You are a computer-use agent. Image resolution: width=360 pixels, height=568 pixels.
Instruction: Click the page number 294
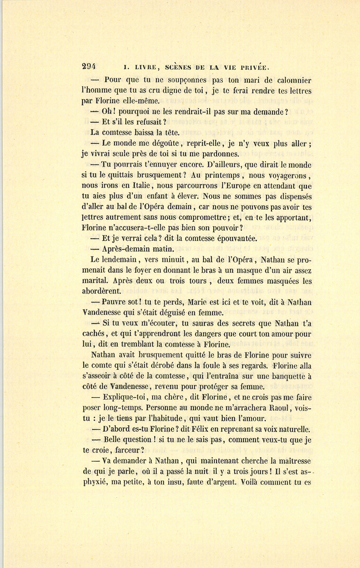[91, 68]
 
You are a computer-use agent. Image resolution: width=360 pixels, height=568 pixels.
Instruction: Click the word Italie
[135, 186]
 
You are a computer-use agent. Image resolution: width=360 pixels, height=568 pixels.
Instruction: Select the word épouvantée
[234, 238]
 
